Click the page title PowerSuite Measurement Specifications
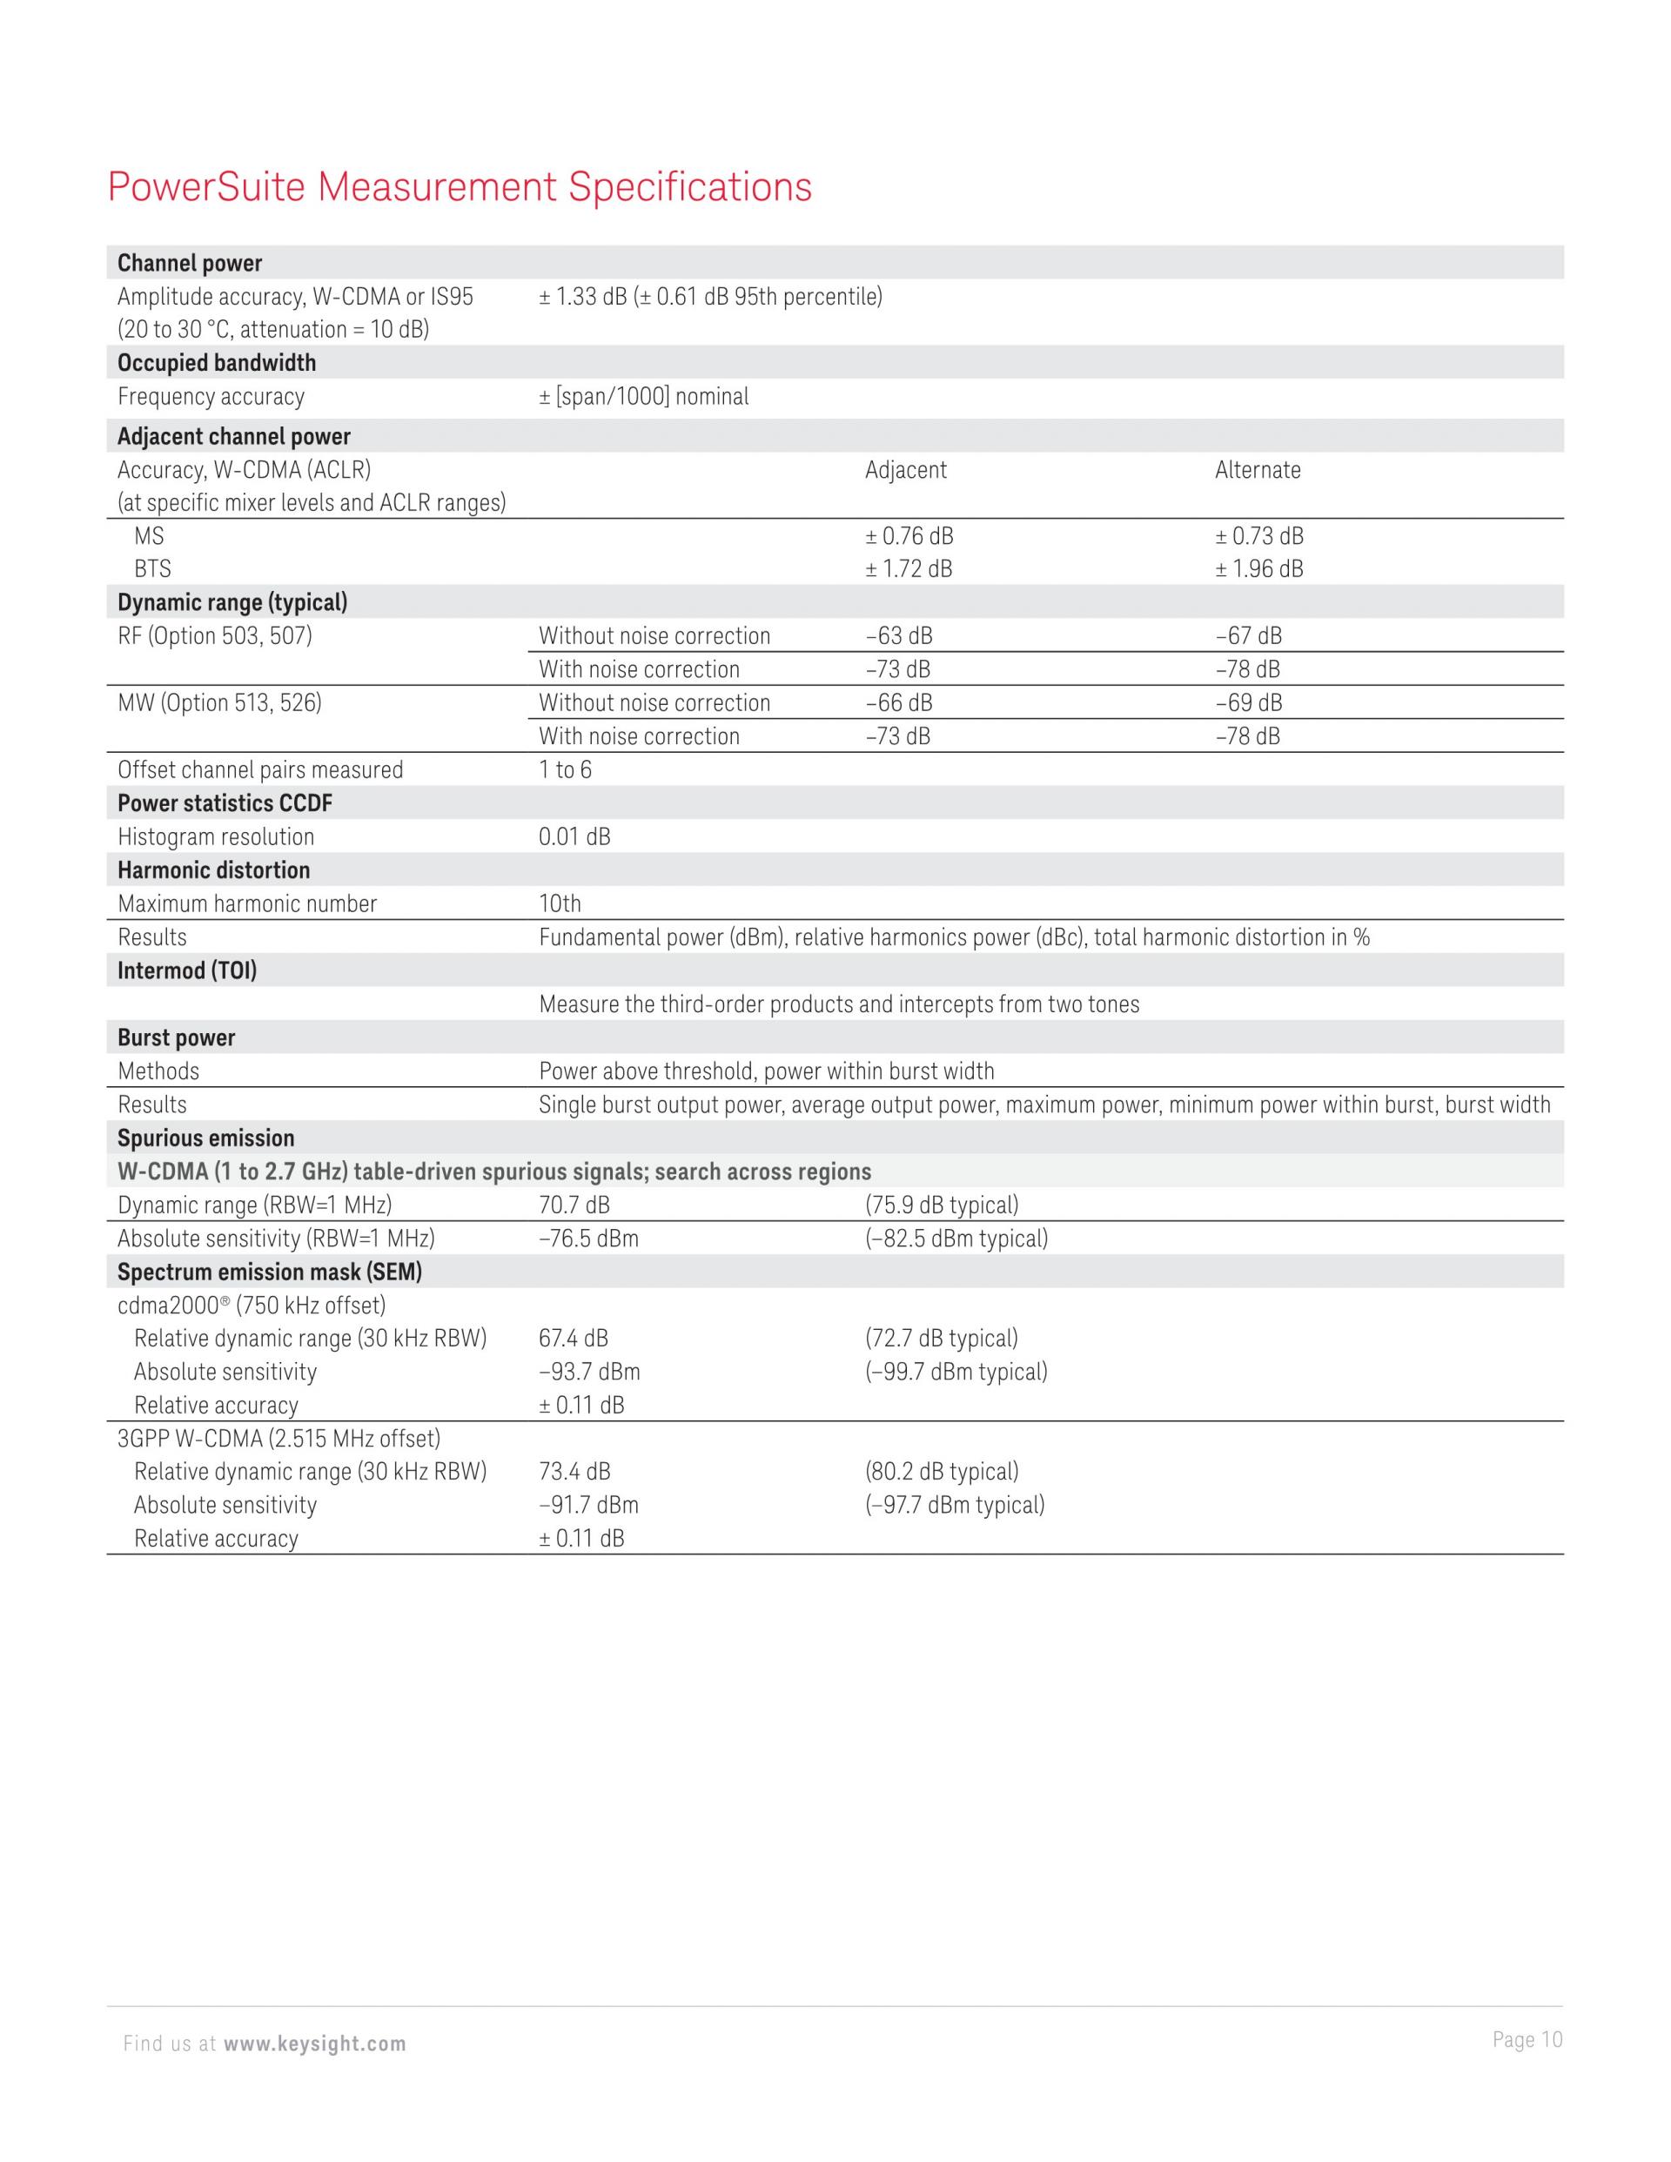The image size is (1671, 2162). (460, 187)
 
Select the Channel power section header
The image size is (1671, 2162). (190, 264)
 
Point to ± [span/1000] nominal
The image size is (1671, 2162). (643, 397)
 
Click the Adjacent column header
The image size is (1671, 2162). (905, 470)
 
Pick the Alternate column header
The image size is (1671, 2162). (1258, 470)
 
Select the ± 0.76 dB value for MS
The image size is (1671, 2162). (909, 536)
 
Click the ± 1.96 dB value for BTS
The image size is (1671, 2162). (1259, 569)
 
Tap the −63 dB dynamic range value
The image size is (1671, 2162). (898, 636)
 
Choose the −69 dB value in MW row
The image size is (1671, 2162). (1248, 703)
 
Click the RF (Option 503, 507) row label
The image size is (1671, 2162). (215, 636)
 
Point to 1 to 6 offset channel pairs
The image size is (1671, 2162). (565, 770)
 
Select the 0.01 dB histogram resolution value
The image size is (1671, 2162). (574, 837)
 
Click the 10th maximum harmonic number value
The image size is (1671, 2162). (560, 903)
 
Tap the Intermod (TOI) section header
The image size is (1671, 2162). (187, 971)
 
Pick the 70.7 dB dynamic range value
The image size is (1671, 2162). (574, 1205)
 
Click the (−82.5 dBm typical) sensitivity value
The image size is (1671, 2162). (956, 1239)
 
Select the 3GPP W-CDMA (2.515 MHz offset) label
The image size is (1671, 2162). (279, 1440)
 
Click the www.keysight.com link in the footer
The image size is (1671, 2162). (315, 2044)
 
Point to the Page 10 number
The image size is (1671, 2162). (1527, 2040)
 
